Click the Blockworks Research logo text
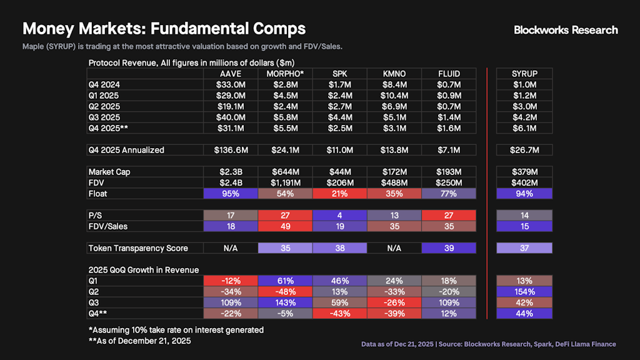[566, 29]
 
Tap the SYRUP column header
[524, 74]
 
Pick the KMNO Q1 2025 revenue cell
[394, 96]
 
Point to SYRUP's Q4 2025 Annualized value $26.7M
[524, 150]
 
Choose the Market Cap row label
[109, 172]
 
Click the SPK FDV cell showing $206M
[340, 182]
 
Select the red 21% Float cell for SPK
[340, 194]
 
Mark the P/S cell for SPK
[340, 216]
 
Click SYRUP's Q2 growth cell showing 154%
[524, 292]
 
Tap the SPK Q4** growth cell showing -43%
[340, 314]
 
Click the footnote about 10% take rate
[176, 330]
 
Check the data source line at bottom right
[488, 344]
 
